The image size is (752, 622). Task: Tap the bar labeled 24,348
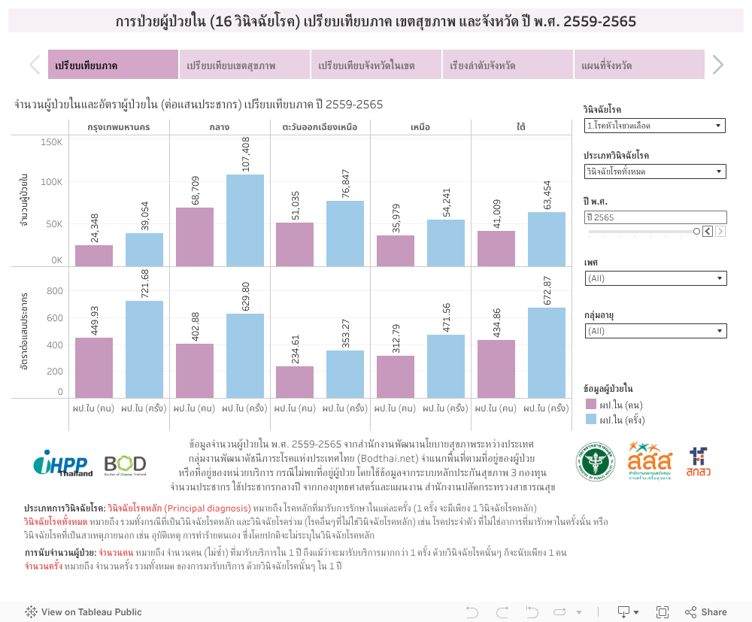coord(94,256)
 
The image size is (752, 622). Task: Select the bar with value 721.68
coord(144,349)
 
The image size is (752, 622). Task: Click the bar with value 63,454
coord(547,239)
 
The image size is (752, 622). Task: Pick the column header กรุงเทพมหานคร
coord(119,126)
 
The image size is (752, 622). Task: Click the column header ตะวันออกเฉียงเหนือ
coord(320,126)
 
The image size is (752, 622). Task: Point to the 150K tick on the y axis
coord(51,141)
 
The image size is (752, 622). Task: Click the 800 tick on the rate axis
coord(55,291)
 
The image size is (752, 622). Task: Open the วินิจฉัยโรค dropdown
coord(654,126)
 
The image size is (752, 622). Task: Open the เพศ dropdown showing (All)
coord(654,278)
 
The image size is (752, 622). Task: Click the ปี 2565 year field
coord(654,217)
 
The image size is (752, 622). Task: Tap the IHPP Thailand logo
coord(63,463)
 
